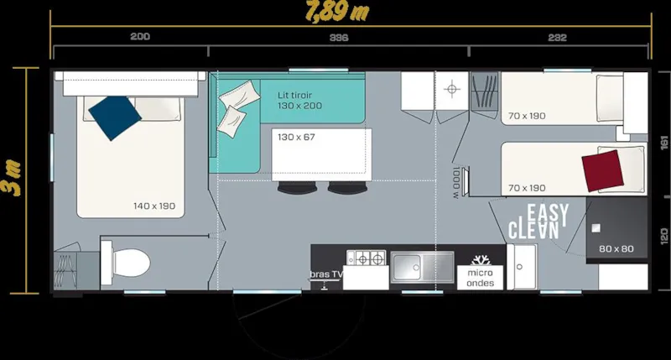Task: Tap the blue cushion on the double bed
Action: coord(115,117)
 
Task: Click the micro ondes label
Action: coord(481,279)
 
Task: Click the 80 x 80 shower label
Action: coord(616,249)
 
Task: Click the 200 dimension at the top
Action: coord(140,38)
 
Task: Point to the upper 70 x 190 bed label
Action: coord(527,116)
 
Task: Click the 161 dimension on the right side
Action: coord(662,143)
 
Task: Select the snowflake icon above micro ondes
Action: coord(481,260)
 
